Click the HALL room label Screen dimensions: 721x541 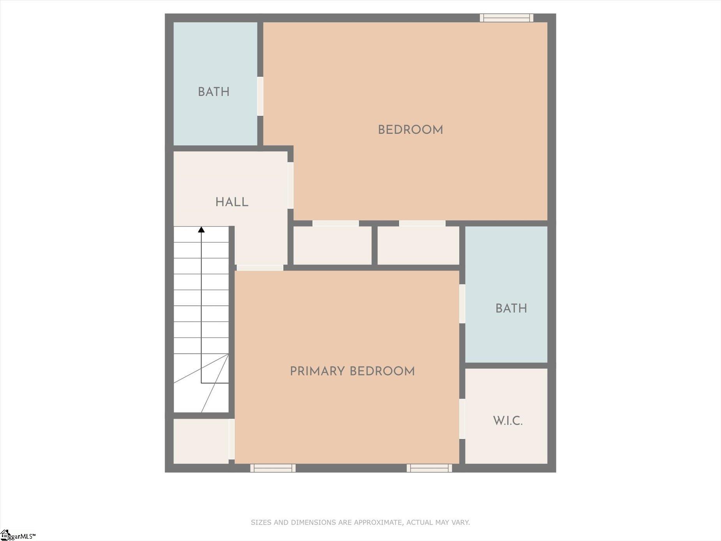(232, 202)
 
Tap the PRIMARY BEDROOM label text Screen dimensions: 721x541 (352, 371)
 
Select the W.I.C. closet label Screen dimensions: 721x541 (507, 421)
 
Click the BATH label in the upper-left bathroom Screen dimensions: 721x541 (214, 92)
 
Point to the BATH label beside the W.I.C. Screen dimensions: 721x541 (511, 308)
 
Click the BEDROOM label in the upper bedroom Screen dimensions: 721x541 (410, 130)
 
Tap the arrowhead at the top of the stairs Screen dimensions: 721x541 (201, 230)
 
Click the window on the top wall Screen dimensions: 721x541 (507, 18)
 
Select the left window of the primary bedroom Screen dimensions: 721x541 (273, 468)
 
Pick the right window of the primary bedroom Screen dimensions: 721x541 (429, 468)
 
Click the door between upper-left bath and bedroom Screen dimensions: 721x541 (260, 96)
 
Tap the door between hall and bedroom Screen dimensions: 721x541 (290, 186)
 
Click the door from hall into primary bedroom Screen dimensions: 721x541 (260, 268)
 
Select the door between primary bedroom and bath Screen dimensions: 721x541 (462, 304)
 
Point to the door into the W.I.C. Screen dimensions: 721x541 (462, 419)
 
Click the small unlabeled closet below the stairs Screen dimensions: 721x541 (201, 441)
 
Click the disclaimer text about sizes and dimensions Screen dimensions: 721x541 (360, 522)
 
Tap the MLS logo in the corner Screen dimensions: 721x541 (18, 535)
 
